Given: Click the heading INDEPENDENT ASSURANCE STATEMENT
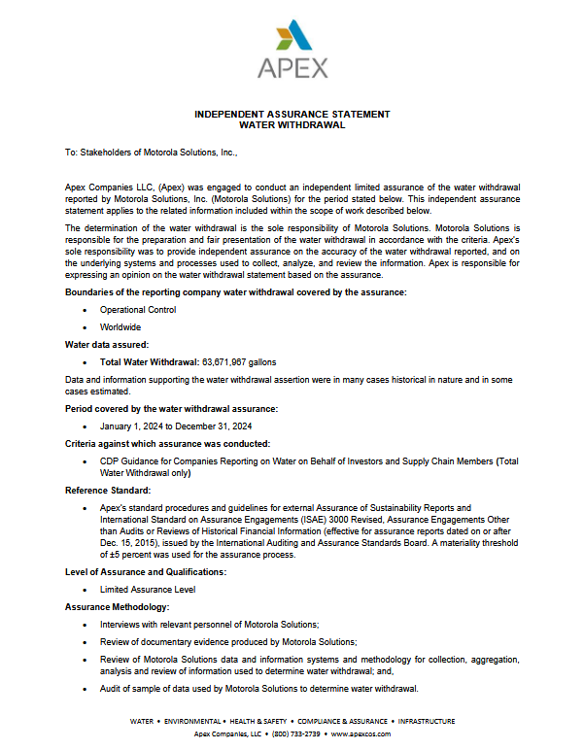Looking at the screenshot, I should pyautogui.click(x=292, y=114).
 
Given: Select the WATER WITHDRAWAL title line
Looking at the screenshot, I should pyautogui.click(x=292, y=124).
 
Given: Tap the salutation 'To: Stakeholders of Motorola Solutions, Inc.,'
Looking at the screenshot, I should pyautogui.click(x=151, y=153).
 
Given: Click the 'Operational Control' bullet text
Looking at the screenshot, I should pyautogui.click(x=138, y=310).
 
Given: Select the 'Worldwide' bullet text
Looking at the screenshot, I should pyautogui.click(x=120, y=327).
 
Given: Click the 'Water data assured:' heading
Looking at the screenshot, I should pyautogui.click(x=107, y=344).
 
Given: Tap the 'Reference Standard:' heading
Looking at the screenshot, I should pyautogui.click(x=108, y=491).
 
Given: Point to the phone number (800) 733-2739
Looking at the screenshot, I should pyautogui.click(x=297, y=733).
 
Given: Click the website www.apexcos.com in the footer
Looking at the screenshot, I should pyautogui.click(x=361, y=733).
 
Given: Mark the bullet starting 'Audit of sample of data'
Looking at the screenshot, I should pyautogui.click(x=258, y=689).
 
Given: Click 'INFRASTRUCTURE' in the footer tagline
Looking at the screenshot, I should pyautogui.click(x=421, y=722).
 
